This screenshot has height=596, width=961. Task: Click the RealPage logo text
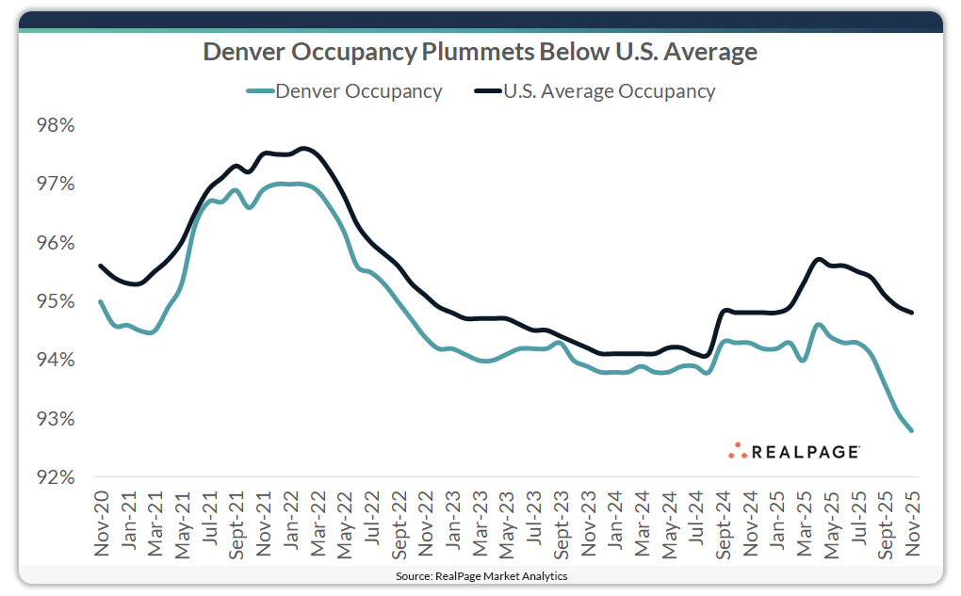(x=805, y=452)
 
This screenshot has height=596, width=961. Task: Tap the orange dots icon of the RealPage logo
(x=737, y=451)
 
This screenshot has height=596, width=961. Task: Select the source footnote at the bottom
(x=480, y=575)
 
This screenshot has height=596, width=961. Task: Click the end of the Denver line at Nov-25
(x=911, y=430)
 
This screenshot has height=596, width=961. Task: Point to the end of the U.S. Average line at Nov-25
(x=911, y=313)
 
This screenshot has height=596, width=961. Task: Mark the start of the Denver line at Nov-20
(x=100, y=301)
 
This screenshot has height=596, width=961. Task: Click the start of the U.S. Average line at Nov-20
(x=100, y=266)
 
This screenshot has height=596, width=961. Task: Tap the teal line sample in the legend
(x=260, y=91)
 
